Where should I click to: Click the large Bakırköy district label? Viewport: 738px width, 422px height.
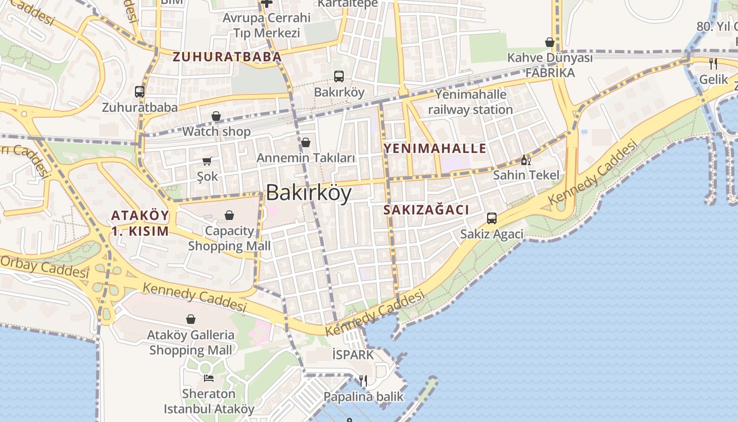tap(308, 193)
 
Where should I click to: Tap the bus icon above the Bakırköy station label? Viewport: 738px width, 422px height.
tap(339, 76)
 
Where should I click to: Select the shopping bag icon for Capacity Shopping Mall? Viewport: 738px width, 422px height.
tap(229, 215)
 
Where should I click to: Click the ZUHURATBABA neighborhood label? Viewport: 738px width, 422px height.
tap(227, 56)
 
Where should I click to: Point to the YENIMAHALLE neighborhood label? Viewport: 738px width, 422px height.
tap(435, 148)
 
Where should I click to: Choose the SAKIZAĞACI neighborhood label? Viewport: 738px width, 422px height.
tap(426, 209)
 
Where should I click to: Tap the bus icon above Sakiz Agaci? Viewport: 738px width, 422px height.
tap(492, 218)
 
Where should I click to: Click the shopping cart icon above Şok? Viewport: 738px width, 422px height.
tap(207, 161)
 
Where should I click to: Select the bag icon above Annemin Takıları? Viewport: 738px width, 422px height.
tap(306, 142)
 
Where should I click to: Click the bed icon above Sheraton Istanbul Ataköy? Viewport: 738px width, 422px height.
tap(209, 378)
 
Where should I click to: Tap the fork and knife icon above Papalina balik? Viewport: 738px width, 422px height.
tap(363, 380)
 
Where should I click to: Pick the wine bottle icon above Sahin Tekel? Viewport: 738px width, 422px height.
tap(526, 160)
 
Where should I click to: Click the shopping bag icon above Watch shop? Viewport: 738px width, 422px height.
tap(216, 116)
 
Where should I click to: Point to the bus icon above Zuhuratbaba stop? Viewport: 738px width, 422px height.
tap(140, 92)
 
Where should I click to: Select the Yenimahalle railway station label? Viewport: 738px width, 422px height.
tap(470, 102)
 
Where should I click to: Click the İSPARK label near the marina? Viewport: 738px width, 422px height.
tap(353, 354)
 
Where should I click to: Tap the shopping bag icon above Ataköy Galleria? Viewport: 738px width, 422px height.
tap(191, 319)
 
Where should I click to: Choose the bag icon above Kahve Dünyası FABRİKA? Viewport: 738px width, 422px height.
tap(550, 42)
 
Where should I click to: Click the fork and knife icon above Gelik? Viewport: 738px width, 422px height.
tap(713, 64)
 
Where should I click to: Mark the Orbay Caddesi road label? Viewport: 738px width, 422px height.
tap(44, 267)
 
